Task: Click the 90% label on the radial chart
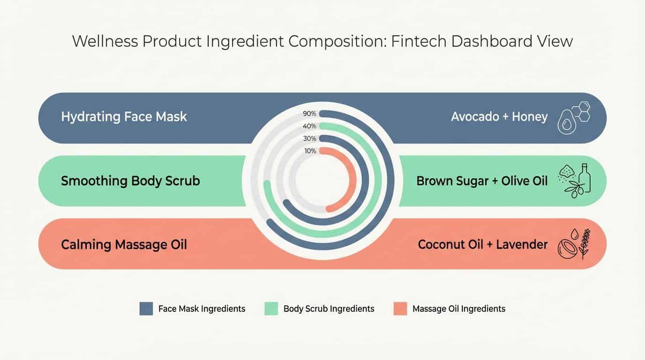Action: pyautogui.click(x=310, y=114)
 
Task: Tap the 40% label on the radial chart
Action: pyautogui.click(x=310, y=126)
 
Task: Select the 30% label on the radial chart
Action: pyautogui.click(x=310, y=139)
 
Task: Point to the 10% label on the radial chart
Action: pyautogui.click(x=310, y=151)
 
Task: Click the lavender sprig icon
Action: pyautogui.click(x=584, y=243)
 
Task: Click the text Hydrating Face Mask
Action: pyautogui.click(x=124, y=117)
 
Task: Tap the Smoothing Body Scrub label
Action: pyautogui.click(x=130, y=181)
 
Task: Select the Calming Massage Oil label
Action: pyautogui.click(x=124, y=245)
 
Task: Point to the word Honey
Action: pyautogui.click(x=530, y=117)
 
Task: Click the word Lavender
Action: pyautogui.click(x=522, y=245)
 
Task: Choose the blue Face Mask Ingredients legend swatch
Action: pyautogui.click(x=146, y=308)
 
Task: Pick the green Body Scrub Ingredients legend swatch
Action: pyautogui.click(x=271, y=308)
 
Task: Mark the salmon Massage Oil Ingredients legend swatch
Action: pyautogui.click(x=400, y=308)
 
